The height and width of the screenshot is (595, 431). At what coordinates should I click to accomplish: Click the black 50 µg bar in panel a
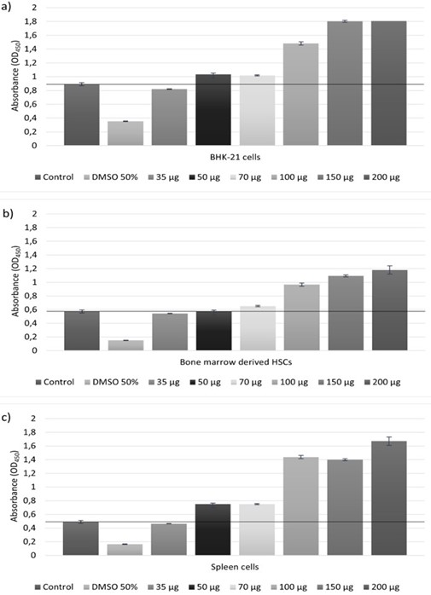coord(213,110)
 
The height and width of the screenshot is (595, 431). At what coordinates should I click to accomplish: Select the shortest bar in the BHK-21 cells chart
coord(125,133)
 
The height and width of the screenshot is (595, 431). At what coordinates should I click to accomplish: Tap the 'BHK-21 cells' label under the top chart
coord(236,157)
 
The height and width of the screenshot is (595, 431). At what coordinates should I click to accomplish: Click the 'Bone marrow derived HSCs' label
coord(236,362)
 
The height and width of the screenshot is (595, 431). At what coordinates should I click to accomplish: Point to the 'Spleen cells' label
coord(235,567)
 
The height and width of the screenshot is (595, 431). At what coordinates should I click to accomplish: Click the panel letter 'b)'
coord(8,213)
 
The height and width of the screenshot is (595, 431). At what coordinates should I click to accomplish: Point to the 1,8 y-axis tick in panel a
coord(31,21)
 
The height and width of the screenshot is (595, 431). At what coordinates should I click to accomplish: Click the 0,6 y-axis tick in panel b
coord(31,309)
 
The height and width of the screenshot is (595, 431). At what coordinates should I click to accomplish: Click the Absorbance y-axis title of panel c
coord(15,487)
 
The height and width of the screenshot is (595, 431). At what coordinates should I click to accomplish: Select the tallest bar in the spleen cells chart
coord(389,498)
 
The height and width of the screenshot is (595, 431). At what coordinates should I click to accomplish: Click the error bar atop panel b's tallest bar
coord(389,270)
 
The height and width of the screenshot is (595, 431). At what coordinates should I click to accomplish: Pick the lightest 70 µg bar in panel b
coord(258,328)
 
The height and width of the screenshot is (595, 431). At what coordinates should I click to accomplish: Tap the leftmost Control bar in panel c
coord(81,539)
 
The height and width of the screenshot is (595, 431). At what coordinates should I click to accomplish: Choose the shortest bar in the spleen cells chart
coord(125,550)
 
